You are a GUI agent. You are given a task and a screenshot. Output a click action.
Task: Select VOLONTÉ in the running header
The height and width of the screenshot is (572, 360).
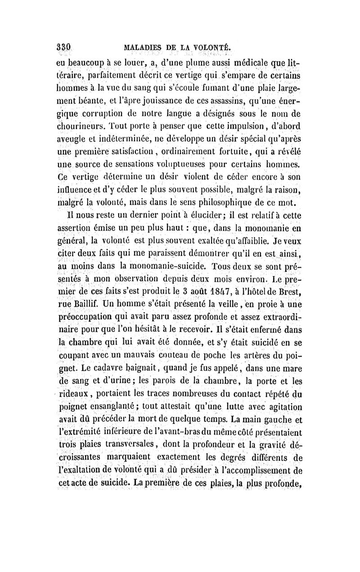(211, 46)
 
